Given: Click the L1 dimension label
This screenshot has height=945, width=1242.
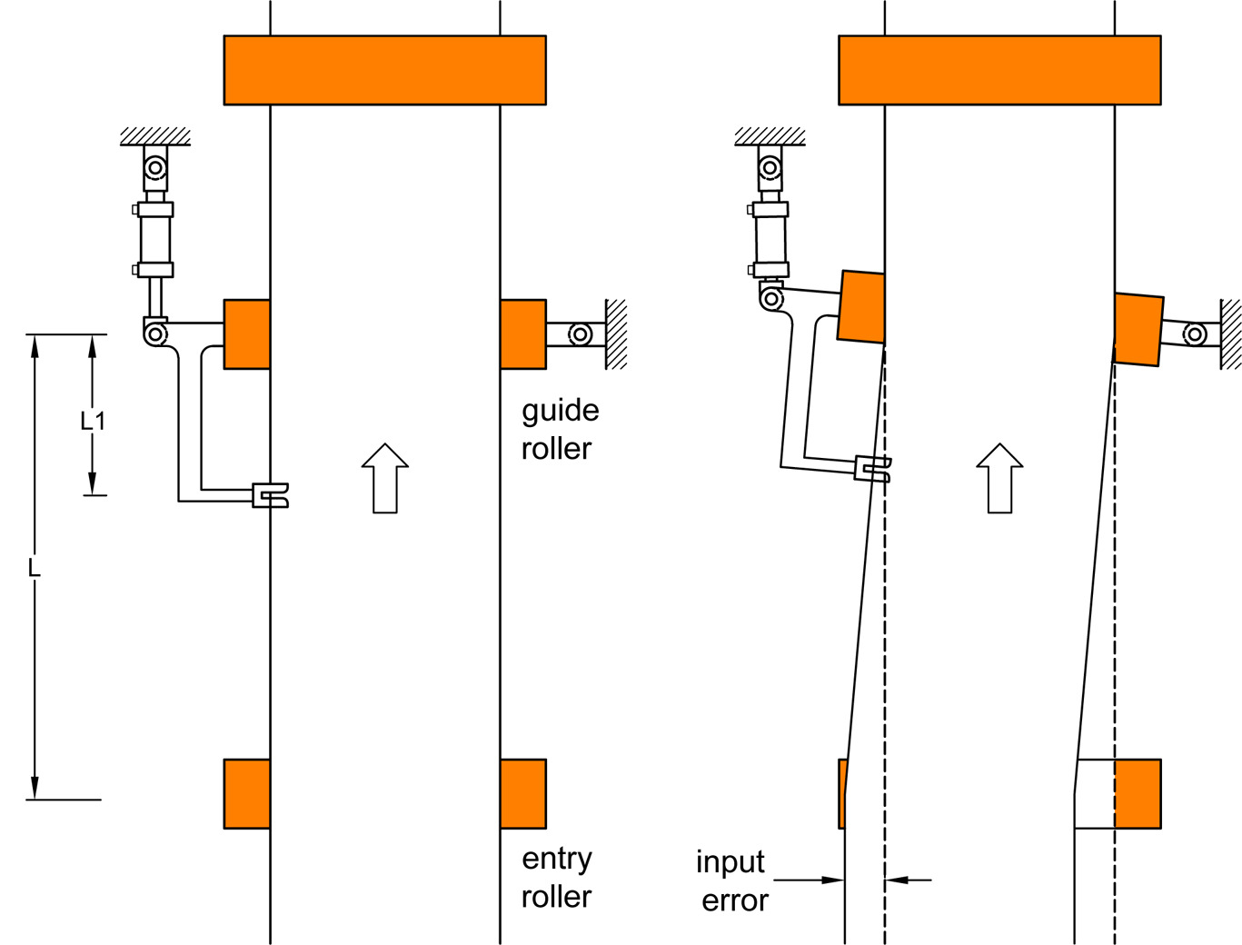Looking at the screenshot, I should (x=93, y=421).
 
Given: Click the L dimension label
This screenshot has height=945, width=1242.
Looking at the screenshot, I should (x=35, y=569).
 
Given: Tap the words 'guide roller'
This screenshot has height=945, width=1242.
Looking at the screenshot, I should (x=559, y=429).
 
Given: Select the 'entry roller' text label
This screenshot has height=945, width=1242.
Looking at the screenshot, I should (x=556, y=877).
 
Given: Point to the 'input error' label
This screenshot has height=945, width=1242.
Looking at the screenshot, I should (x=732, y=880).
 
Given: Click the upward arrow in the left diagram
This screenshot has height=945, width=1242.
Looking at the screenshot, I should (x=385, y=478).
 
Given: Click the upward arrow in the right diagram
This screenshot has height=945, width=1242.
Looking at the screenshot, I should (x=999, y=478).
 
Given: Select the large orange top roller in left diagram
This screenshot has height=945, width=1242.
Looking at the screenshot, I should (x=384, y=70).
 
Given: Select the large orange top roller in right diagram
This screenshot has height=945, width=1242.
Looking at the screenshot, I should (x=999, y=70).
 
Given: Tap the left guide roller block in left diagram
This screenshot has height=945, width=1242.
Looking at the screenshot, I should (x=247, y=334).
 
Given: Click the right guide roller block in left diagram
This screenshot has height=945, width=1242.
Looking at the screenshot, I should (x=523, y=334).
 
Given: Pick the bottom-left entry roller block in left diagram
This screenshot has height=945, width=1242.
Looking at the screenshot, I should (x=247, y=793).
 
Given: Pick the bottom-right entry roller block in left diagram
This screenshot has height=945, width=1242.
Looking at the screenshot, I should (x=523, y=793).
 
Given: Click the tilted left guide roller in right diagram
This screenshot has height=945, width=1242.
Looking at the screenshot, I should (x=861, y=306).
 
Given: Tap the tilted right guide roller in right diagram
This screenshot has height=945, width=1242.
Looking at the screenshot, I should (x=1138, y=329).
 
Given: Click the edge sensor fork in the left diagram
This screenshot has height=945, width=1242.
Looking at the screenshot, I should (x=271, y=495).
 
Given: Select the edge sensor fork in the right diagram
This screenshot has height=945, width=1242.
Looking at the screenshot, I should (x=873, y=469).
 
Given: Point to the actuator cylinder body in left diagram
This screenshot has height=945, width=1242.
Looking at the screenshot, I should (x=155, y=239).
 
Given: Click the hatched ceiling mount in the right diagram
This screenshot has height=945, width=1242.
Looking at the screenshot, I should (x=770, y=136).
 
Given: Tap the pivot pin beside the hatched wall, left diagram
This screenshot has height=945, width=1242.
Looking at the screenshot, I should (x=580, y=334).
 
